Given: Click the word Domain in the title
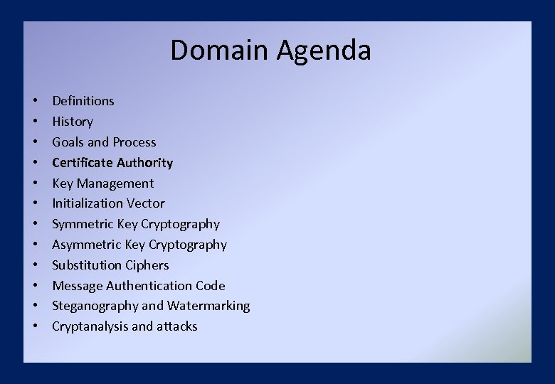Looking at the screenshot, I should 219,50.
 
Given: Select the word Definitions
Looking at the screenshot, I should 83,101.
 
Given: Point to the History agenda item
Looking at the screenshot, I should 72,122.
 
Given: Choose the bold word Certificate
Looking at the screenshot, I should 81,163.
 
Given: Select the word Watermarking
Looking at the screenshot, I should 208,306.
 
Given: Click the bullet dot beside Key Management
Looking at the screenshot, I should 35,183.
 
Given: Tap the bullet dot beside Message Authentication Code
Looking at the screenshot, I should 35,286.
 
